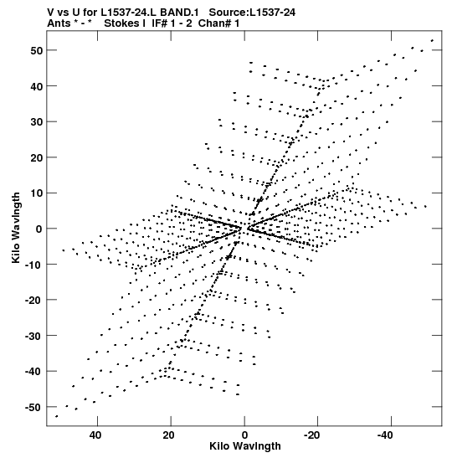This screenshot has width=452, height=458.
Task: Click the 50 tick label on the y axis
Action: tap(37, 50)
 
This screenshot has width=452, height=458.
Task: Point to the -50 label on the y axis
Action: tap(33, 407)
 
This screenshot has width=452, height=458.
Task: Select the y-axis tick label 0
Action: tap(39, 229)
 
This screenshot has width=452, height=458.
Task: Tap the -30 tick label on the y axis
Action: tap(33, 336)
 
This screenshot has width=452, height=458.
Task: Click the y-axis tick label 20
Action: tap(37, 157)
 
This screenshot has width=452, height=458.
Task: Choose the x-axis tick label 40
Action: tap(95, 435)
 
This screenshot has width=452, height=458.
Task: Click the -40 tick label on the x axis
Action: tap(385, 435)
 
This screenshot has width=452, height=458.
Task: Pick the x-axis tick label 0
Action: tap(244, 435)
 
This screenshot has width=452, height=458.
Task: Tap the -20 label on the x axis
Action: tap(312, 435)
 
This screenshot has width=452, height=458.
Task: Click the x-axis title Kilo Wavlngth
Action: tap(245, 446)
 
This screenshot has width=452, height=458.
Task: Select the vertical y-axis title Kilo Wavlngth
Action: tap(16, 228)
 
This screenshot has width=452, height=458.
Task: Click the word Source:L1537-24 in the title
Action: tap(252, 13)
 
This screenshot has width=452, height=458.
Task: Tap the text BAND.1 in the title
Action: tap(180, 13)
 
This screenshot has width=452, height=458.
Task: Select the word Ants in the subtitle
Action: tap(59, 23)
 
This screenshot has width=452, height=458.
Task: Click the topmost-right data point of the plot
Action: tap(432, 40)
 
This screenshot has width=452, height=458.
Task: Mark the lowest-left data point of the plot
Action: tap(57, 416)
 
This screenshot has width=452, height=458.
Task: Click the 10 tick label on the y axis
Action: tap(37, 193)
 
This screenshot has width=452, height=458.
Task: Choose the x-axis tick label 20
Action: tap(168, 435)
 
